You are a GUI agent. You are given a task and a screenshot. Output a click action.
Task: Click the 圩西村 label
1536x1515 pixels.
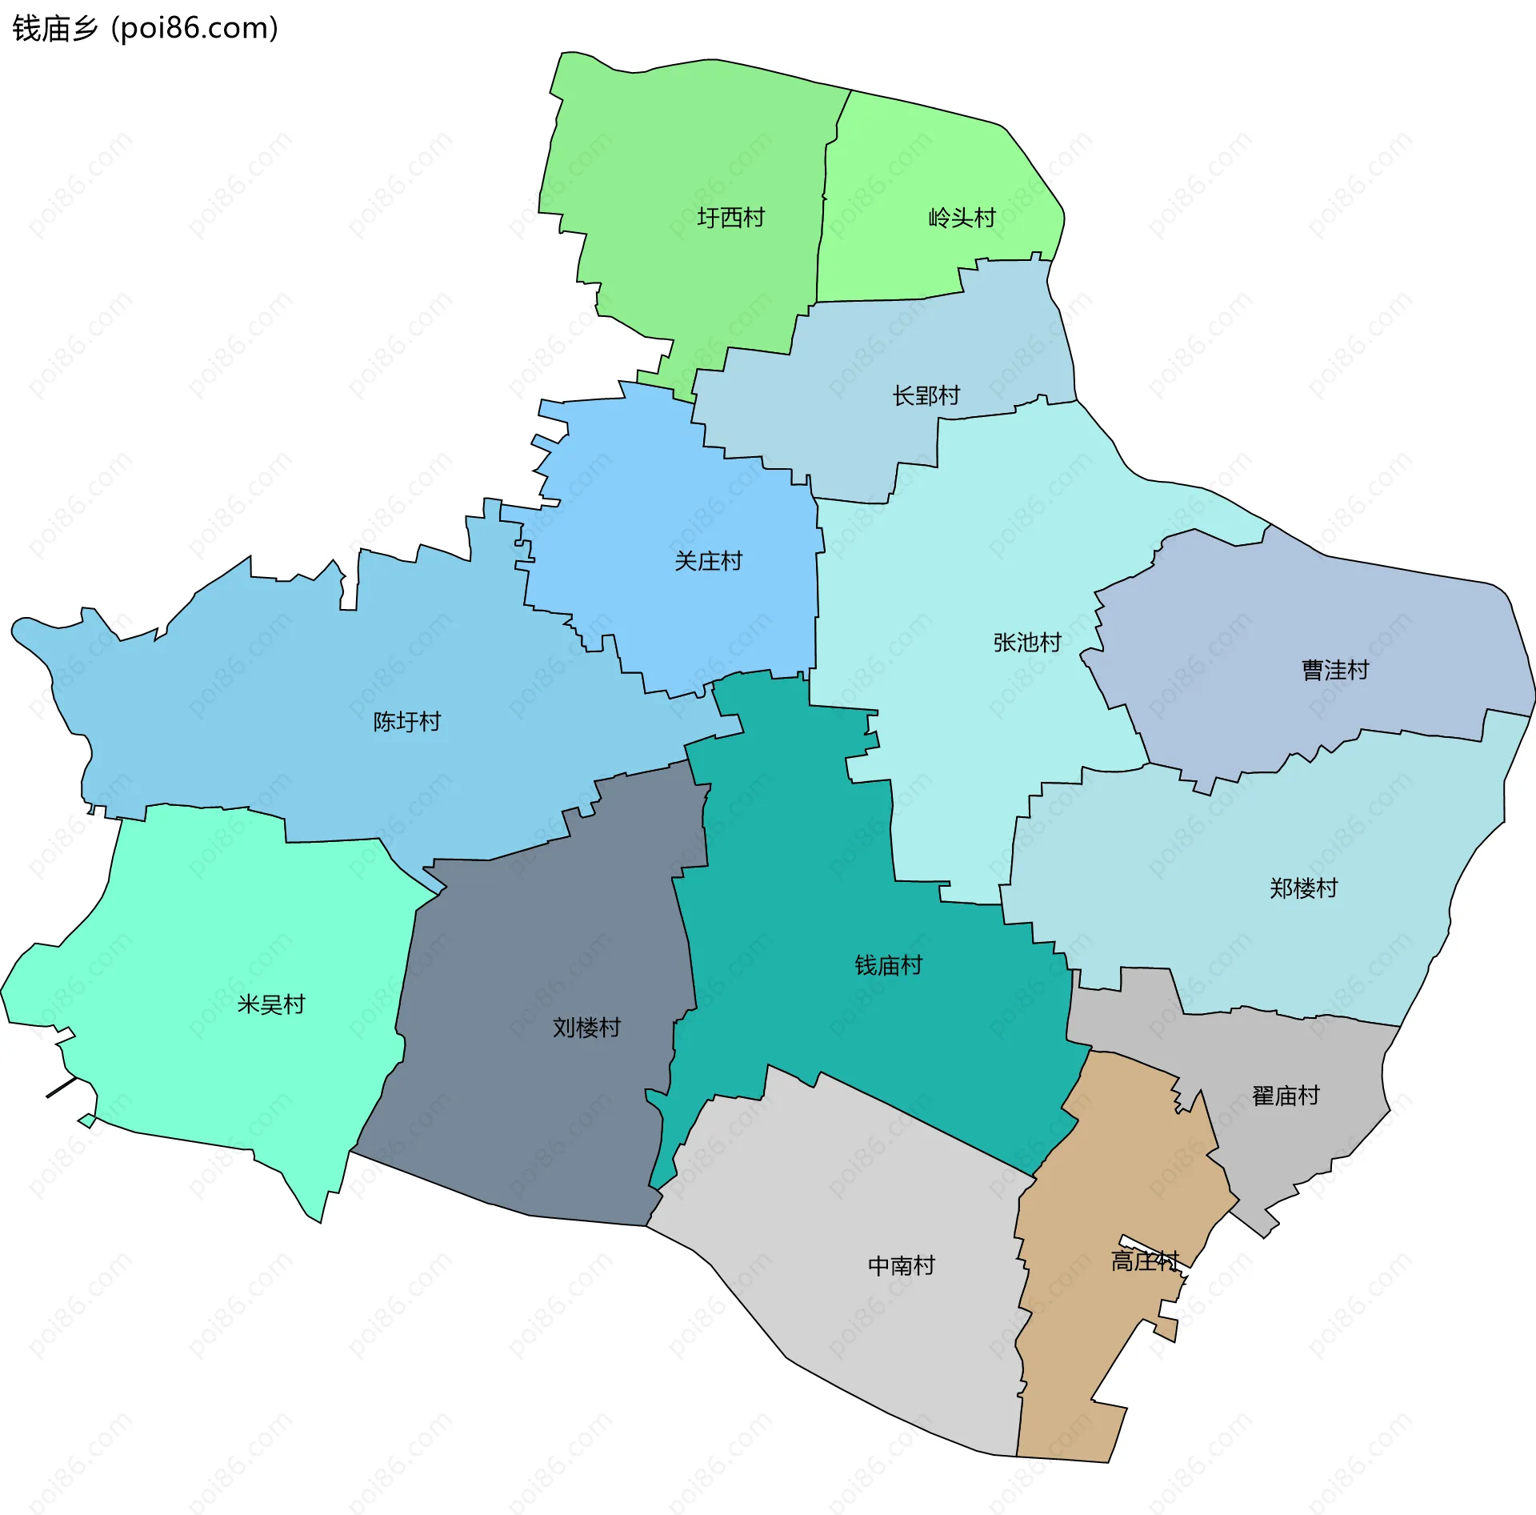pos(730,218)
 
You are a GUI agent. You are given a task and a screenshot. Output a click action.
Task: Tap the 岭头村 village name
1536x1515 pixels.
pos(962,218)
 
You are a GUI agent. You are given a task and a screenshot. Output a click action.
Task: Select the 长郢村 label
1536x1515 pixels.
pos(926,395)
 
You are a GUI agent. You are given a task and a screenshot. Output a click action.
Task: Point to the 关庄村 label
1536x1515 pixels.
pos(708,561)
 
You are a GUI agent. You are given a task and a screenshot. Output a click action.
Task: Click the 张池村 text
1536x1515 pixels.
pos(1027,643)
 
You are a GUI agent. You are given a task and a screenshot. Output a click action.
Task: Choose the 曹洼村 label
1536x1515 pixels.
pos(1335,670)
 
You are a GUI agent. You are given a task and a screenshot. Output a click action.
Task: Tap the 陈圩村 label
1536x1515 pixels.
pos(407,722)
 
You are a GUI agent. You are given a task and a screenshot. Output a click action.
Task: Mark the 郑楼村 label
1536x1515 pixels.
pos(1303,888)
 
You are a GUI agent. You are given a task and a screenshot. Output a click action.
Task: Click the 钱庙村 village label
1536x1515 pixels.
pos(888,966)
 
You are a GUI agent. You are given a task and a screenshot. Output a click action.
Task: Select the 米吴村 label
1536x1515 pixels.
pos(271,1004)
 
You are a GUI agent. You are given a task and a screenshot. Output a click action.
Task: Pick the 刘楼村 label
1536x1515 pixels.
pos(586,1028)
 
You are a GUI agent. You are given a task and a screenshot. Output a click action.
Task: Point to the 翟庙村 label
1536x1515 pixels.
pos(1286,1096)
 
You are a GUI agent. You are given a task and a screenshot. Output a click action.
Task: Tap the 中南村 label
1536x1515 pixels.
pos(902,1265)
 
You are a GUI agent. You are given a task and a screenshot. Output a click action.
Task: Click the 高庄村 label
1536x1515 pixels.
pos(1145,1262)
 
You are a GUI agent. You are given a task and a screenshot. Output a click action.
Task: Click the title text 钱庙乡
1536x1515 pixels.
pos(55,28)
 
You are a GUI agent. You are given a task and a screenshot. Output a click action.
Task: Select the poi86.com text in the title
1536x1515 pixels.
pos(194,28)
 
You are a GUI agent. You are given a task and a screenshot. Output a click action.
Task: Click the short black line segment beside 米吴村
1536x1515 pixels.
pos(62,1088)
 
